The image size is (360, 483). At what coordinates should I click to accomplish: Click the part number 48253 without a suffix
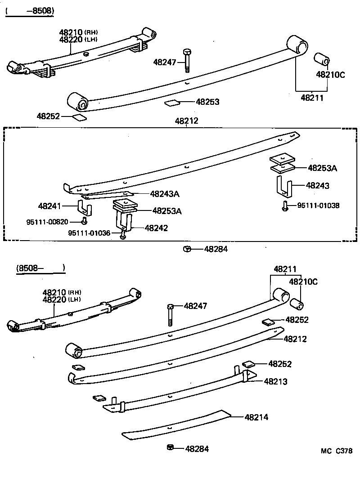pyautogui.click(x=207, y=102)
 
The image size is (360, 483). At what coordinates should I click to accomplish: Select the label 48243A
pyautogui.click(x=165, y=194)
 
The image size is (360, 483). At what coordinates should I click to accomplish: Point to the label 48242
pyautogui.click(x=156, y=228)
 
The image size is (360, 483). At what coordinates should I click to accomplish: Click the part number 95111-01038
pyautogui.click(x=318, y=206)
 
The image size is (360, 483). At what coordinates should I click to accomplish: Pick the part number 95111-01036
pyautogui.click(x=89, y=233)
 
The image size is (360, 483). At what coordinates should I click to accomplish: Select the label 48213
pyautogui.click(x=275, y=381)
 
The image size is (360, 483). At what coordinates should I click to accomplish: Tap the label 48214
pyautogui.click(x=256, y=417)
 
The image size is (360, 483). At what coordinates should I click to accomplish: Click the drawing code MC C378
pyautogui.click(x=337, y=451)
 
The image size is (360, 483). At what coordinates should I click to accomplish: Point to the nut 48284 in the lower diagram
pyautogui.click(x=170, y=447)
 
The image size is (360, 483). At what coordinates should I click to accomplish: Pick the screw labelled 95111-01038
pyautogui.click(x=285, y=206)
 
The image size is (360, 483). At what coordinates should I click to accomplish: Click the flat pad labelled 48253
pyautogui.click(x=171, y=103)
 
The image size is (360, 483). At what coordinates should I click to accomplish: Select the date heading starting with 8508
pyautogui.click(x=40, y=268)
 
